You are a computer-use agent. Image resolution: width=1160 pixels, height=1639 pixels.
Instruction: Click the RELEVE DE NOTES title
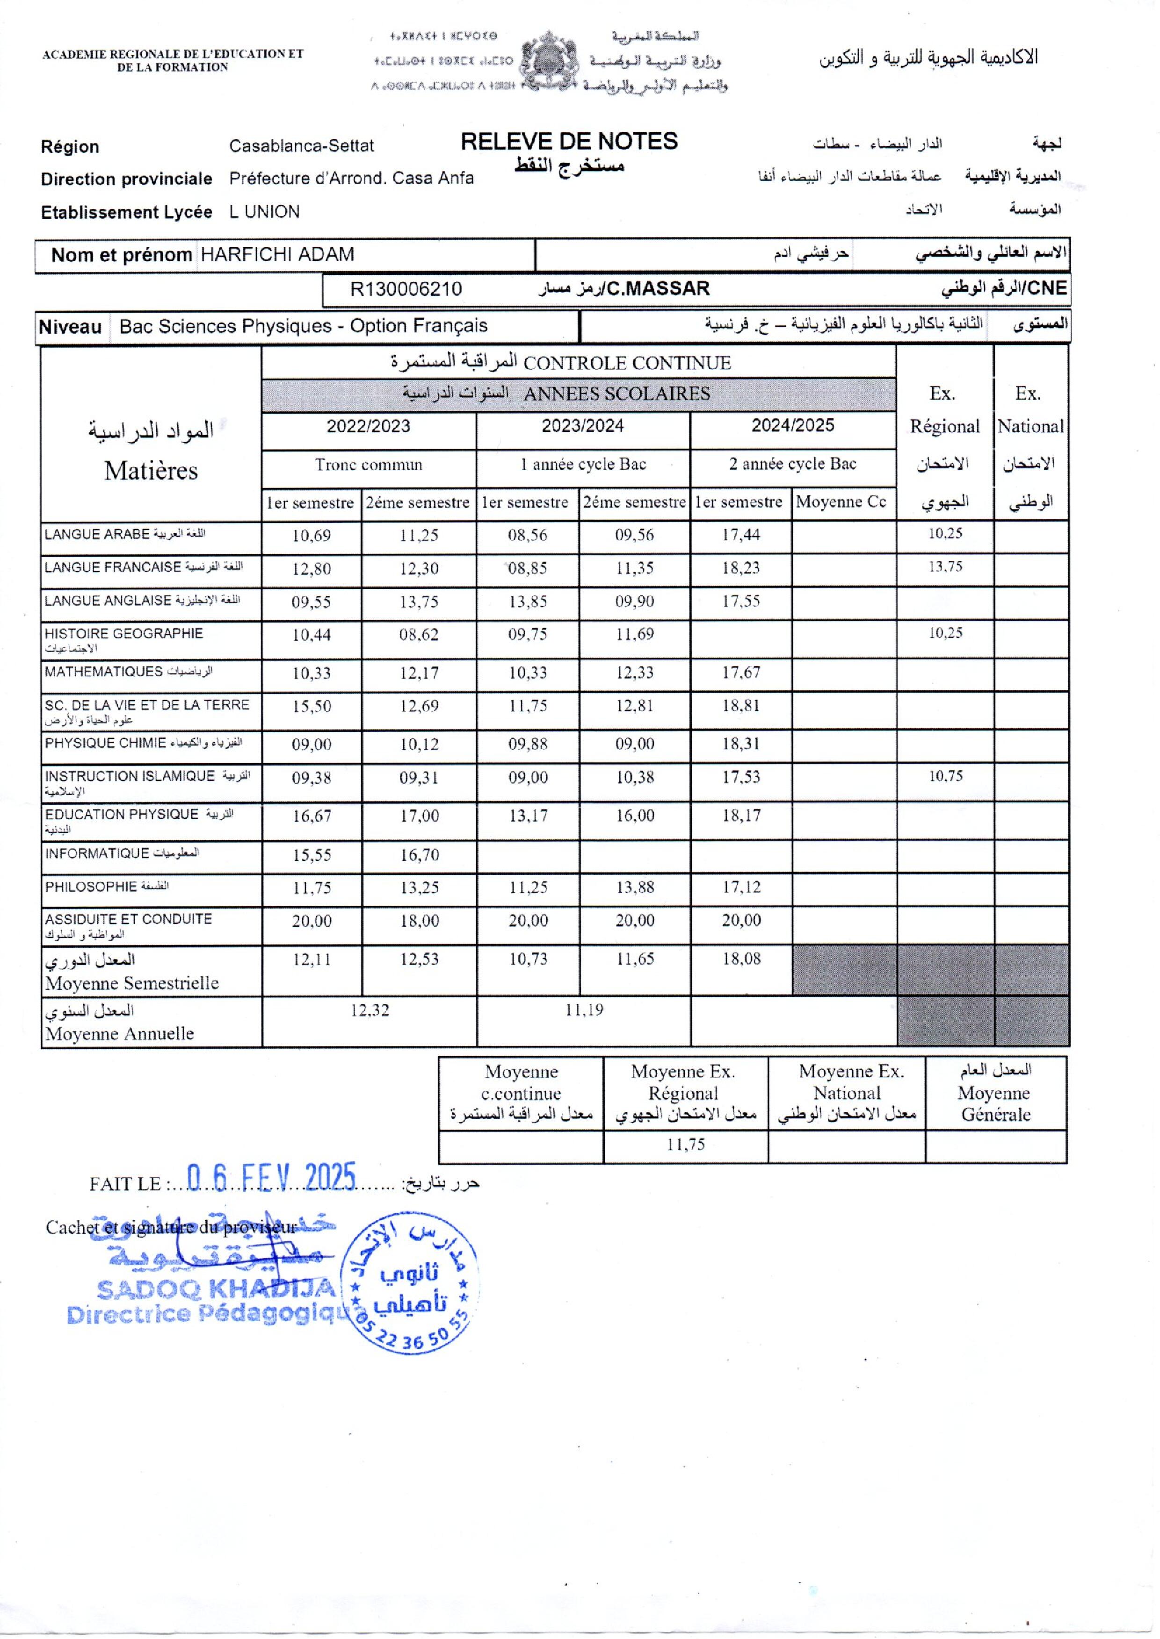tap(569, 141)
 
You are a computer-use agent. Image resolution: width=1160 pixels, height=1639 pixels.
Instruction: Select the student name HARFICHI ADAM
tap(277, 255)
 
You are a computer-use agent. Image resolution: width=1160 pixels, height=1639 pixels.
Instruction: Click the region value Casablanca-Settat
tap(301, 146)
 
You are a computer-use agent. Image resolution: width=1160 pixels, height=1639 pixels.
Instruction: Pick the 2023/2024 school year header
tap(582, 426)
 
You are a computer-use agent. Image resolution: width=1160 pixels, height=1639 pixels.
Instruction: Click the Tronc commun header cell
tap(369, 465)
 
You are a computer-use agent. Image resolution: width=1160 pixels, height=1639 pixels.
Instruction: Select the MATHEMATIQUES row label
tap(103, 672)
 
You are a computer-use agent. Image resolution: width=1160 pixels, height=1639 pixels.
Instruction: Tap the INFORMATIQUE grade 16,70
tap(419, 854)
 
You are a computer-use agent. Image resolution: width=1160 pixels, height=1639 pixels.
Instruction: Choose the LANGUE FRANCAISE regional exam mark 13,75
tap(945, 567)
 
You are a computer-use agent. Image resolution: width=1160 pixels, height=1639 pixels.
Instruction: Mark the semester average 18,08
tap(741, 959)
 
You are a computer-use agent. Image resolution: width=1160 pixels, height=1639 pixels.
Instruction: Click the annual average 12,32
tap(370, 1010)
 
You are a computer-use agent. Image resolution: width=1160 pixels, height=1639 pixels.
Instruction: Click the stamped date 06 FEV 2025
tap(271, 1179)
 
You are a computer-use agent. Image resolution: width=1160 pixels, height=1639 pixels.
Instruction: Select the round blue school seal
tap(409, 1283)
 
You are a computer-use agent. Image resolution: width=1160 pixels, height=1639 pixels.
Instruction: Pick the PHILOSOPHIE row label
tap(91, 887)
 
